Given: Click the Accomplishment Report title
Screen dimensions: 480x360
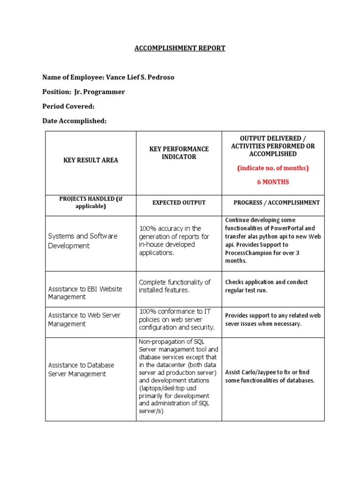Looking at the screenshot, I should (x=180, y=48).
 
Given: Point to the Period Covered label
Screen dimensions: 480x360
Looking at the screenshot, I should (x=68, y=106).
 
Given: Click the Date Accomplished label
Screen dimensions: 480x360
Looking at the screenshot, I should (x=75, y=121).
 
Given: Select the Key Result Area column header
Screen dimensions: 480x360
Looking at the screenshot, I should (x=91, y=160).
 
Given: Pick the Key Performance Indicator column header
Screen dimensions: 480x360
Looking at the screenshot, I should (x=179, y=153).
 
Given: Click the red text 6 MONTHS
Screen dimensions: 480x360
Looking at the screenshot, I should (x=273, y=182).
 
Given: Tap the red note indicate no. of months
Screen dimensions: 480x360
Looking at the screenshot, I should (x=273, y=168).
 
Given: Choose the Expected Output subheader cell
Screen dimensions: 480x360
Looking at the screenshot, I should (x=179, y=202).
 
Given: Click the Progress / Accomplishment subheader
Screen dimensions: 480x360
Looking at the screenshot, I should (x=277, y=202).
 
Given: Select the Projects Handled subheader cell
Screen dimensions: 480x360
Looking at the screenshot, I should (x=90, y=202).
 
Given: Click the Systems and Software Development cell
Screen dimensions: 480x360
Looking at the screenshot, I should (x=82, y=241).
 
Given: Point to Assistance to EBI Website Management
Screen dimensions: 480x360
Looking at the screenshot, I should (x=85, y=293).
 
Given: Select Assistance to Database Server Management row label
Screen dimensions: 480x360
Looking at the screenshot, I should (x=81, y=369).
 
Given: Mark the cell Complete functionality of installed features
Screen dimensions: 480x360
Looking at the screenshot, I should (x=175, y=286).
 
